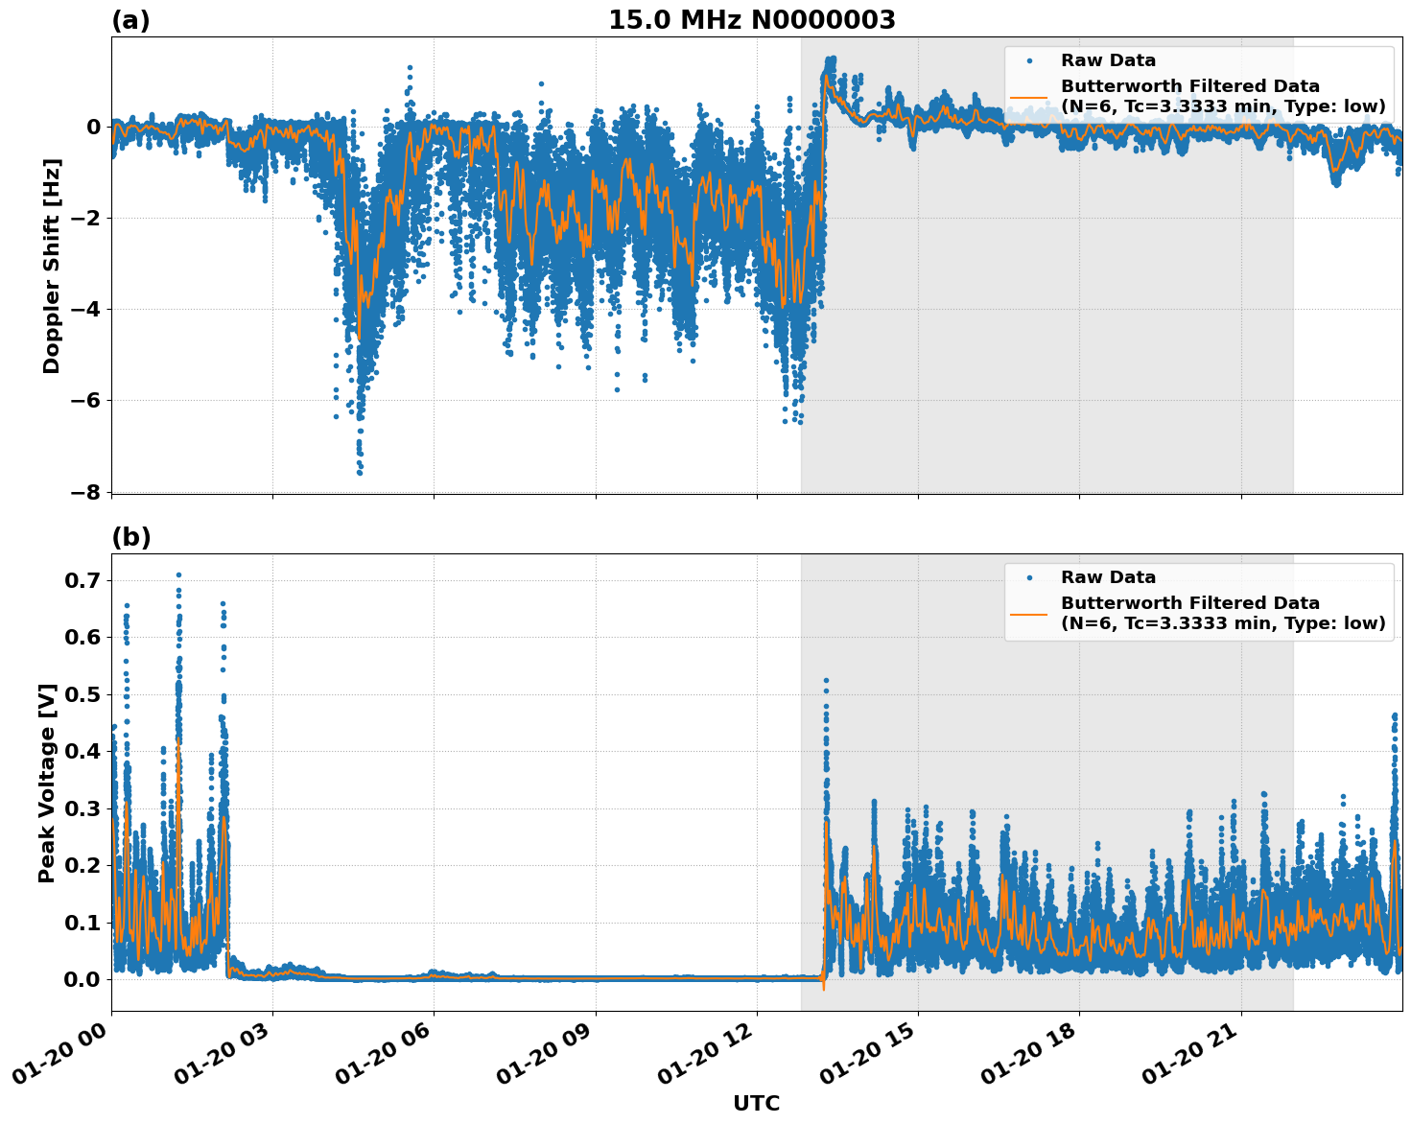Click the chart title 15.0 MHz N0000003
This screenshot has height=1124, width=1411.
click(x=751, y=20)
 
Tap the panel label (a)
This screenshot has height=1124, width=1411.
click(x=130, y=20)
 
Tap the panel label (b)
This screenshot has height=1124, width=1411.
click(x=131, y=537)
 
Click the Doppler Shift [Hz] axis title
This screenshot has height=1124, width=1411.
click(x=52, y=266)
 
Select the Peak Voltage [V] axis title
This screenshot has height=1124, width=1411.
click(x=47, y=783)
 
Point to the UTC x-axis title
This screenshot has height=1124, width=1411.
click(x=756, y=1103)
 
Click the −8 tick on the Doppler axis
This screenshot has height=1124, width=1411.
click(x=86, y=492)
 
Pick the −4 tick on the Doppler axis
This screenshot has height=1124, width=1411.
click(x=86, y=309)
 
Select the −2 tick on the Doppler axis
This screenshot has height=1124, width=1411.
click(x=86, y=218)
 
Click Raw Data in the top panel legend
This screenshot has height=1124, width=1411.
click(x=1108, y=60)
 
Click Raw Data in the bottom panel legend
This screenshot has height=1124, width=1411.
click(x=1108, y=577)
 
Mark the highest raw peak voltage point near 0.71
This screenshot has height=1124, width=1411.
click(x=178, y=574)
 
